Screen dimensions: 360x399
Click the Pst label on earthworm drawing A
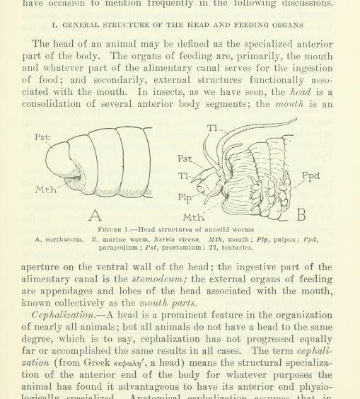coord(42,137)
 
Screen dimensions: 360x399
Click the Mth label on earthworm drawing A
coord(46,190)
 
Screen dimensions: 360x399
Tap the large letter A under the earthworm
coord(94,214)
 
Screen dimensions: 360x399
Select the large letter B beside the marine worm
coord(301,213)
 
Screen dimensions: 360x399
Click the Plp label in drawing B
coord(185,199)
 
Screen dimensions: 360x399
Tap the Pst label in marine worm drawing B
coord(185,159)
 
